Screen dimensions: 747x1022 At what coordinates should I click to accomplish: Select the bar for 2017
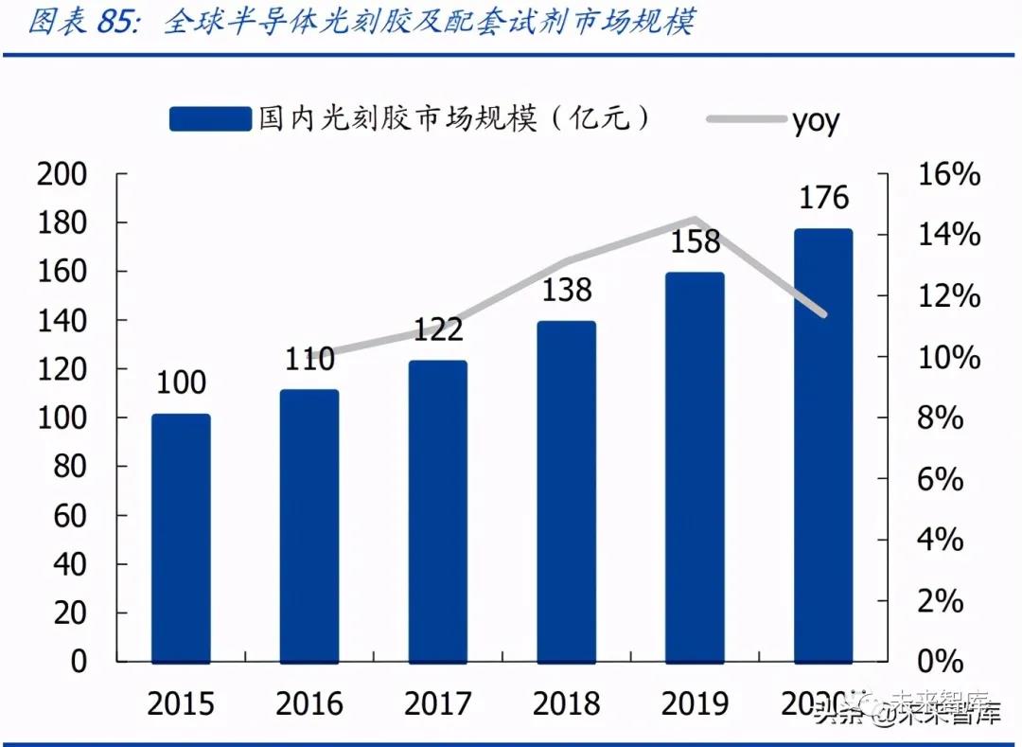tap(438, 510)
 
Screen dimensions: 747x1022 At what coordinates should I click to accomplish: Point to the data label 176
tap(823, 198)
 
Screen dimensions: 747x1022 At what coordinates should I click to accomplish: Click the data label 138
tap(567, 289)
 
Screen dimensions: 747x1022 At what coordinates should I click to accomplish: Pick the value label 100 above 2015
tap(180, 382)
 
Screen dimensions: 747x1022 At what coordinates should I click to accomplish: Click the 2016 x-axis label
tap(308, 704)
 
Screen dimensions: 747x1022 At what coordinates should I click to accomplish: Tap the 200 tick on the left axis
tap(62, 174)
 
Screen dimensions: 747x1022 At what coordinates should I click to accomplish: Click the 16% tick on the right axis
tap(948, 174)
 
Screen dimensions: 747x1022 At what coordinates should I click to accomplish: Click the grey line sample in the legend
tap(749, 119)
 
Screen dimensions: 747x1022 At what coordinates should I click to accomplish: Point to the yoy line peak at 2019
tap(696, 220)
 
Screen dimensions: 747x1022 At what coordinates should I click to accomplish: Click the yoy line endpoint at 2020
tap(824, 314)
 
